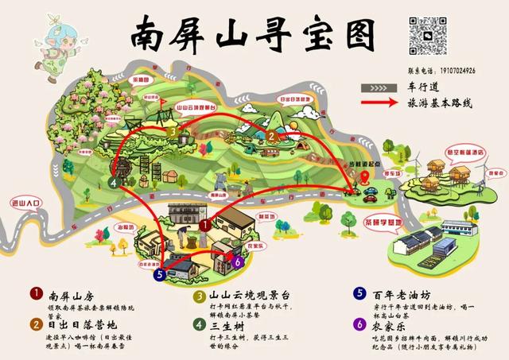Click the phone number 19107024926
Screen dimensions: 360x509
tap(454, 71)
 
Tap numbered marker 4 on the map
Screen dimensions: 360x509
tap(115, 182)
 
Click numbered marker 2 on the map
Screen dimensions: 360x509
tap(271, 136)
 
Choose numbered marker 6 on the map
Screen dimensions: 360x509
tap(237, 261)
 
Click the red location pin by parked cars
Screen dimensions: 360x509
tap(365, 177)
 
